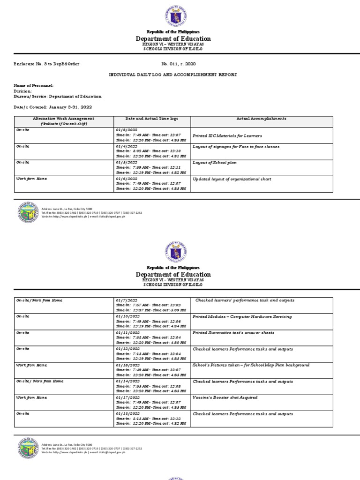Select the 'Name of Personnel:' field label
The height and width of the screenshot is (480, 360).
(33, 85)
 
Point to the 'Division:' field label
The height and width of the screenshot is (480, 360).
(23, 91)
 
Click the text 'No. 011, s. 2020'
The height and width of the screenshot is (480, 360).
(179, 64)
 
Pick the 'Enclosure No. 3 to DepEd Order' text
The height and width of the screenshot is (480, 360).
(46, 64)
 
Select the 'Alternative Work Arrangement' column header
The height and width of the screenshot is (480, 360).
(64, 119)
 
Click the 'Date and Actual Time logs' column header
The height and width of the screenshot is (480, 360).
(152, 119)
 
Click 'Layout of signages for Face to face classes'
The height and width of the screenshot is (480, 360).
(236, 147)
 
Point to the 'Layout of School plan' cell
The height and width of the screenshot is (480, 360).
(215, 163)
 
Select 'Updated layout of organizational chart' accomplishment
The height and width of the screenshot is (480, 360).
(232, 179)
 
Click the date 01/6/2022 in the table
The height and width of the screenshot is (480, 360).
(127, 179)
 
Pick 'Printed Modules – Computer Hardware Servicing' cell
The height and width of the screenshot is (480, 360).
(242, 316)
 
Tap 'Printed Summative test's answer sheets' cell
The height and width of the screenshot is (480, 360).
(233, 333)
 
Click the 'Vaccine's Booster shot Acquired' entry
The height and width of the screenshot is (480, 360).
(225, 397)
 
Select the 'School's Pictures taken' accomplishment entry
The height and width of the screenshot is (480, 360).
(251, 365)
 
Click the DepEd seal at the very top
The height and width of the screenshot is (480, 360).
(176, 17)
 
